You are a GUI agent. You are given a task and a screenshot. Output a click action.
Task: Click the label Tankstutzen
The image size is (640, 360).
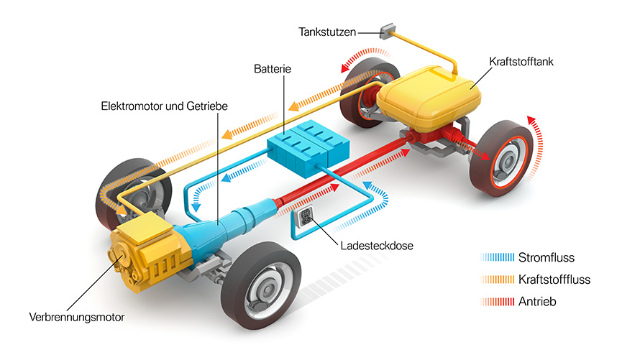[x=327, y=32]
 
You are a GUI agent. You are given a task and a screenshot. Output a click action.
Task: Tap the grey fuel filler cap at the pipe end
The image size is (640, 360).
[x=387, y=31]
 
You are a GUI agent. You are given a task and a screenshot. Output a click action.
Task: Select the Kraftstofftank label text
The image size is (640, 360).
[x=521, y=62]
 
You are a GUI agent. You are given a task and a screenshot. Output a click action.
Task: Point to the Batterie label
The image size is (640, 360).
[x=273, y=69]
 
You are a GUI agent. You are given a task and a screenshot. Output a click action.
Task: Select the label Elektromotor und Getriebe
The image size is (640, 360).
[x=164, y=106]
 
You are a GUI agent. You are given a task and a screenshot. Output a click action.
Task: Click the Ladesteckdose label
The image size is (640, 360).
[x=377, y=246]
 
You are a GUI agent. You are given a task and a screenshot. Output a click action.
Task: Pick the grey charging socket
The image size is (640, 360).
[x=304, y=217]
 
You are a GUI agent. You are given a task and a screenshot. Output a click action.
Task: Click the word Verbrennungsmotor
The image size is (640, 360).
[x=77, y=317]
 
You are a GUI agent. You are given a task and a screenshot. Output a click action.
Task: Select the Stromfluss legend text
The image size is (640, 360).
[x=546, y=258]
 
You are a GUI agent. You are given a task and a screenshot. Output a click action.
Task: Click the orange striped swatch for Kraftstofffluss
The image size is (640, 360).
[x=498, y=280]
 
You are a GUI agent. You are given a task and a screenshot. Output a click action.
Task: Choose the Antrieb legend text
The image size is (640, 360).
[x=537, y=302]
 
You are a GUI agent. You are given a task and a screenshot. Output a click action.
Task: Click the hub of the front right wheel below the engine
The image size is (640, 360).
[x=268, y=290]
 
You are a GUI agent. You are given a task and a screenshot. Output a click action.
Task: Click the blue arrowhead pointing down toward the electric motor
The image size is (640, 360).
[x=196, y=208]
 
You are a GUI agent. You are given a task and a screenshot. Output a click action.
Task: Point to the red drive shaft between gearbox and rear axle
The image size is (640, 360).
[x=343, y=171]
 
